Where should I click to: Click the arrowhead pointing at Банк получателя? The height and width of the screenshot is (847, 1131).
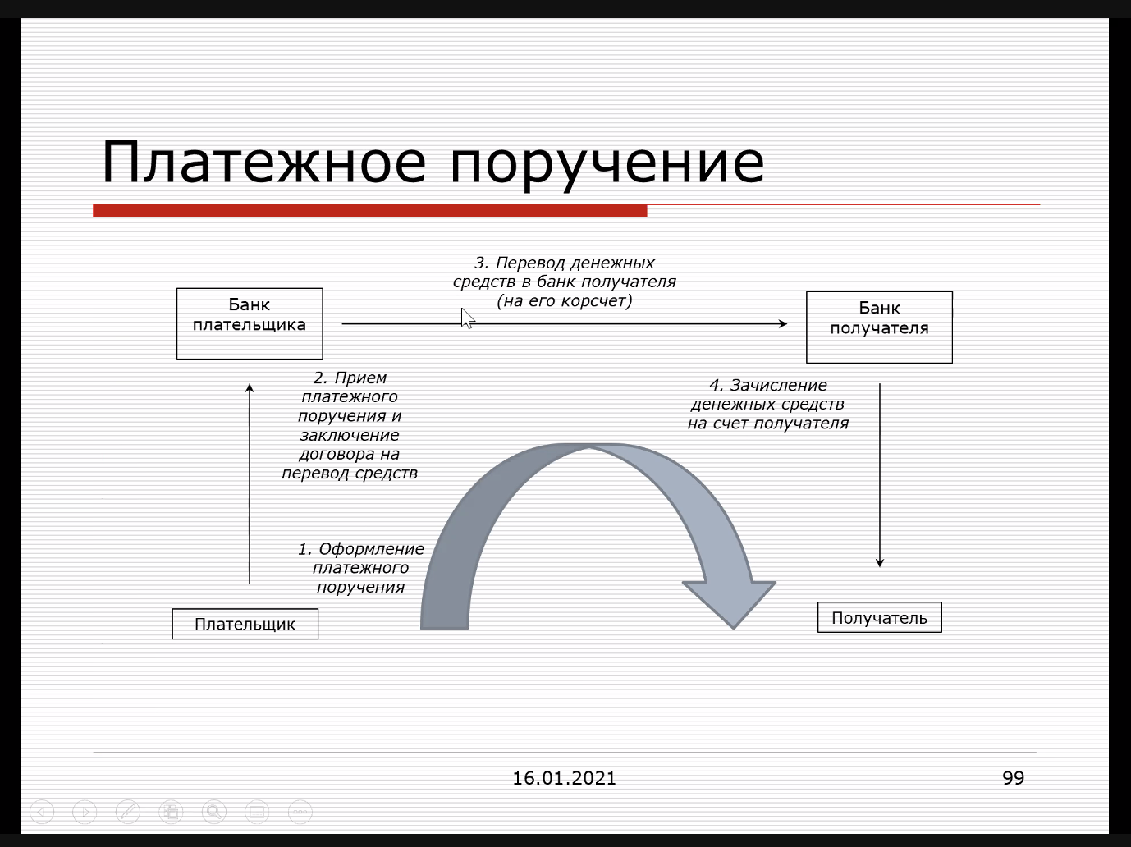tap(783, 323)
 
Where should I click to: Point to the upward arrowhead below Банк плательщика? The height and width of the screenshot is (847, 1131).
tap(250, 388)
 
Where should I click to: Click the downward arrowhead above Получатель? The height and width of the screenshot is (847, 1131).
tap(880, 562)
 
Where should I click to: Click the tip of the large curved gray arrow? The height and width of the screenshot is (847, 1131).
tap(734, 629)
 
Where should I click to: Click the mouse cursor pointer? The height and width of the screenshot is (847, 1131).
tap(467, 318)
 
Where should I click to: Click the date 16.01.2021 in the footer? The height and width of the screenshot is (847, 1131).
tap(564, 778)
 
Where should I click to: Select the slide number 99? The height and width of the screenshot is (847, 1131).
tap(1014, 778)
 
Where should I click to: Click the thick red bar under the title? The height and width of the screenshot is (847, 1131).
tap(370, 211)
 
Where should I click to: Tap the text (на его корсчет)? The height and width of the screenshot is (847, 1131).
tap(565, 301)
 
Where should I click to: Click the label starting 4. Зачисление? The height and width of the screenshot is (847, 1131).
tap(768, 405)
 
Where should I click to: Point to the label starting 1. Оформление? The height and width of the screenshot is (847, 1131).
tap(361, 568)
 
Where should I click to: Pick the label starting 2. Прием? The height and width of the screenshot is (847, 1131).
tap(350, 426)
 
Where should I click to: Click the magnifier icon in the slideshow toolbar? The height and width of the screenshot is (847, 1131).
tap(214, 812)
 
